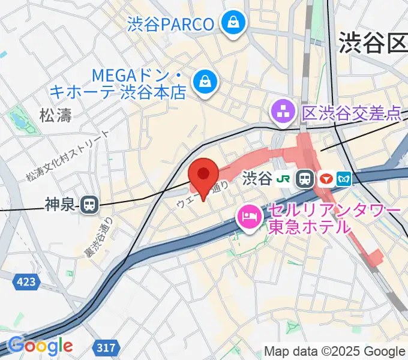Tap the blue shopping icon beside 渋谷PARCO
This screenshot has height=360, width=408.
pyautogui.click(x=231, y=23)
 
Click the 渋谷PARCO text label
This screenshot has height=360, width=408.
pyautogui.click(x=171, y=25)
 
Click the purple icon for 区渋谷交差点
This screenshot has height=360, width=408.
pyautogui.click(x=281, y=111)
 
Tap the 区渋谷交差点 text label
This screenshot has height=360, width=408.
pyautogui.click(x=351, y=112)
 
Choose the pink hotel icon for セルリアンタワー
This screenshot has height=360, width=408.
pyautogui.click(x=248, y=217)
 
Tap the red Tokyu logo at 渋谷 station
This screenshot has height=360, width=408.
pyautogui.click(x=326, y=178)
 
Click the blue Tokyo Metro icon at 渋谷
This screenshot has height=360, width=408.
pyautogui.click(x=345, y=178)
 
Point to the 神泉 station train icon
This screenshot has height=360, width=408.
pyautogui.click(x=90, y=205)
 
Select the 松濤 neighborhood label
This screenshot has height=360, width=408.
pyautogui.click(x=56, y=115)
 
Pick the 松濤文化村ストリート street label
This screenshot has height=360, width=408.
pyautogui.click(x=67, y=157)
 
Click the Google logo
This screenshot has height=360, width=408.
pyautogui.click(x=41, y=346)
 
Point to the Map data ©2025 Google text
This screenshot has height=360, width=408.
pyautogui.click(x=334, y=351)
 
